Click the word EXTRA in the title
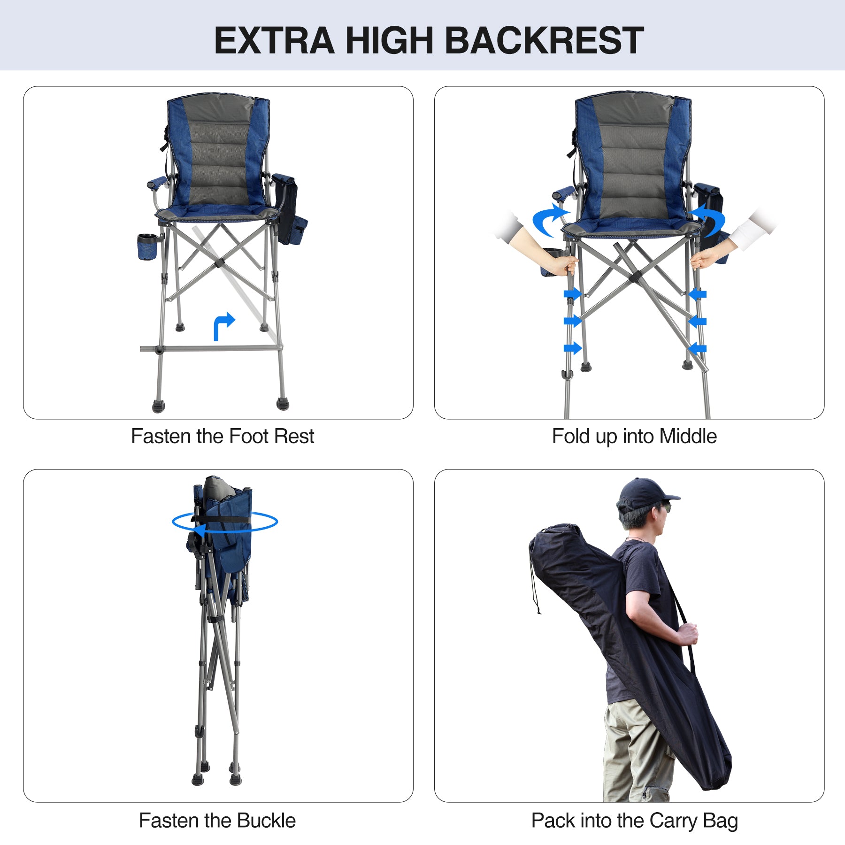pos(274,40)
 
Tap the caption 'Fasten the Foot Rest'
pos(222,436)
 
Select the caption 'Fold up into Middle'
pos(634,436)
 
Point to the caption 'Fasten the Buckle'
pos(217,821)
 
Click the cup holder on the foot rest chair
pos(147,246)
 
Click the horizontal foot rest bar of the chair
pos(211,348)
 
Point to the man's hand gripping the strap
pos(688,634)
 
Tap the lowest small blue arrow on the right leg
pos(698,348)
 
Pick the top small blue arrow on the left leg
pos(572,294)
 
